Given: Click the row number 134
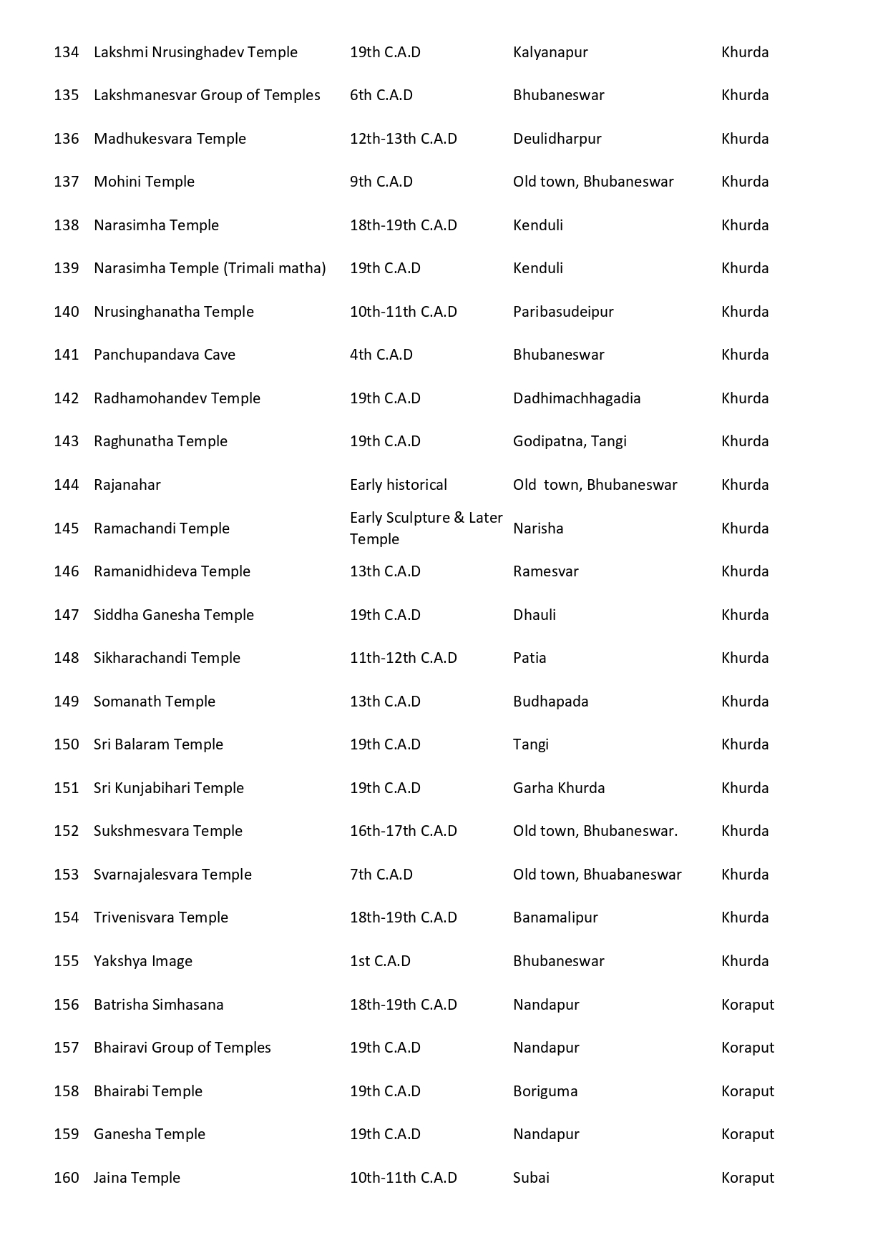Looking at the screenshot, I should tap(66, 52).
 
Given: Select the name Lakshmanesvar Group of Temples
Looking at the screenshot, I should tap(207, 95).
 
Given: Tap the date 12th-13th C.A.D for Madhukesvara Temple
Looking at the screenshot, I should tap(403, 139).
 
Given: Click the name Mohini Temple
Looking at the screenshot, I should tap(144, 182).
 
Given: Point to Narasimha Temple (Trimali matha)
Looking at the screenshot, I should tap(210, 268).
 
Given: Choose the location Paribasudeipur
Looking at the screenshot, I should tap(563, 312).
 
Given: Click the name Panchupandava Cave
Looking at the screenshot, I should tap(164, 355).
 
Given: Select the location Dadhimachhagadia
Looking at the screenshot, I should tap(577, 398).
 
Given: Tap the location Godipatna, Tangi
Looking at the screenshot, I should tap(570, 441).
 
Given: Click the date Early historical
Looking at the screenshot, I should tap(398, 485).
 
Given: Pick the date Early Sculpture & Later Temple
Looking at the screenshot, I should tap(426, 528).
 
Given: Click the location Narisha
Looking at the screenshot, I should tap(538, 528).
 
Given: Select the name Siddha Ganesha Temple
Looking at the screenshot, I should tap(173, 615).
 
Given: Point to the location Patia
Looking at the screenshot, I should tap(530, 658).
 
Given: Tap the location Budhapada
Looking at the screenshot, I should tap(550, 702).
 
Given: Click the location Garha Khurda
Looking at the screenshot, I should tap(559, 788).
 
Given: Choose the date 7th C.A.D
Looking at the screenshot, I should tap(381, 875).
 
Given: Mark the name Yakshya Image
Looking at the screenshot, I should tap(142, 961).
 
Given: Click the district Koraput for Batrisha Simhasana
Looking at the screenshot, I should tap(748, 1005).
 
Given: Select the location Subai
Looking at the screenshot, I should tap(531, 1178).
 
